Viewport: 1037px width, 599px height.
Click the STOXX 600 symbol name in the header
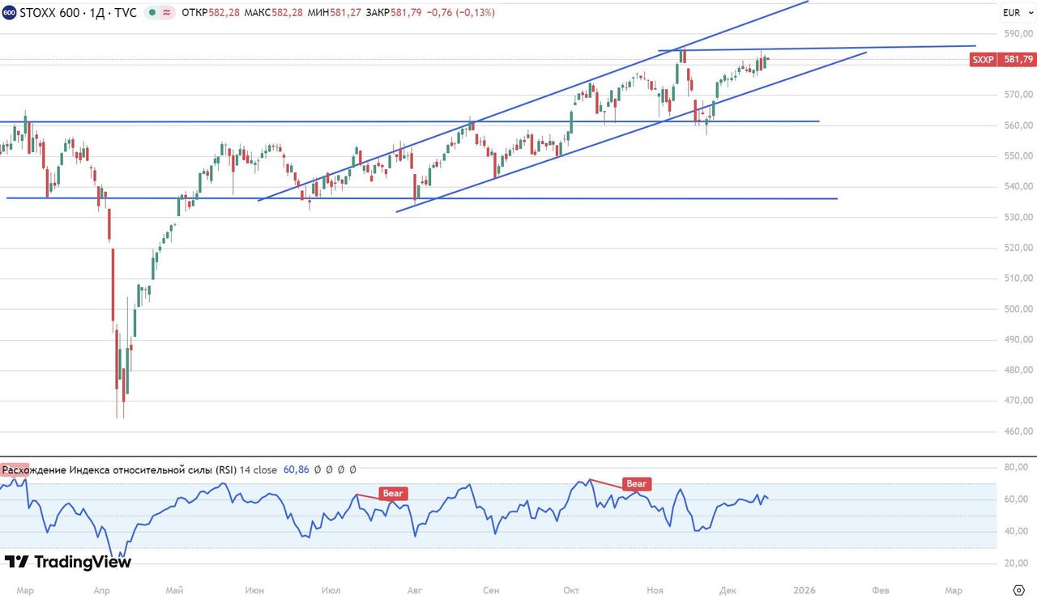(x=48, y=13)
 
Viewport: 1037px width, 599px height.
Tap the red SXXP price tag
(x=1003, y=59)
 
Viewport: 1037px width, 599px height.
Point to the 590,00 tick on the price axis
(x=1018, y=34)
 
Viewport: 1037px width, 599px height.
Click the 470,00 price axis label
(x=1018, y=401)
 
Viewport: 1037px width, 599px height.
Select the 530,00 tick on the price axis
(x=1018, y=217)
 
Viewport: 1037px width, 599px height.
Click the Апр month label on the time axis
(x=101, y=590)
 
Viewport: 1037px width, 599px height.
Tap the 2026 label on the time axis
(x=804, y=590)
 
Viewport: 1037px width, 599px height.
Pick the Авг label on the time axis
(x=415, y=590)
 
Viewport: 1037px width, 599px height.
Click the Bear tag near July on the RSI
(x=392, y=493)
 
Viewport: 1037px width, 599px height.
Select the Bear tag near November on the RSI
(x=636, y=484)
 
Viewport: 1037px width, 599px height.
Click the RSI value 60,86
(x=297, y=469)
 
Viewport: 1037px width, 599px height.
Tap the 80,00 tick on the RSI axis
(x=1017, y=468)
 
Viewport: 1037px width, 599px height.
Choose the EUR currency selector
(x=1012, y=12)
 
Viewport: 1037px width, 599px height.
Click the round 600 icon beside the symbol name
(x=9, y=13)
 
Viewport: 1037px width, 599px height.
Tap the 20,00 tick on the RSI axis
(x=1017, y=563)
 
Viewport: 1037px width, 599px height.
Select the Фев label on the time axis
(x=881, y=590)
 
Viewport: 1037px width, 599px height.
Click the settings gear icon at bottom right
(x=1018, y=589)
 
